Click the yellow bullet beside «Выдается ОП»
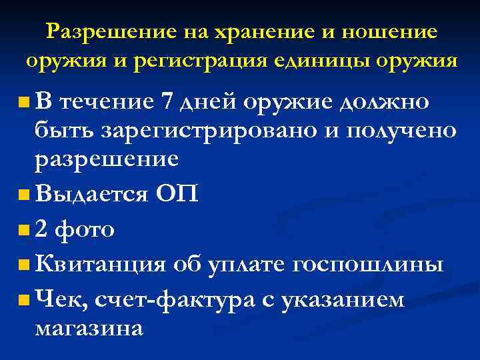click(25, 195)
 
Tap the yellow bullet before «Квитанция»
click(25, 265)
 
